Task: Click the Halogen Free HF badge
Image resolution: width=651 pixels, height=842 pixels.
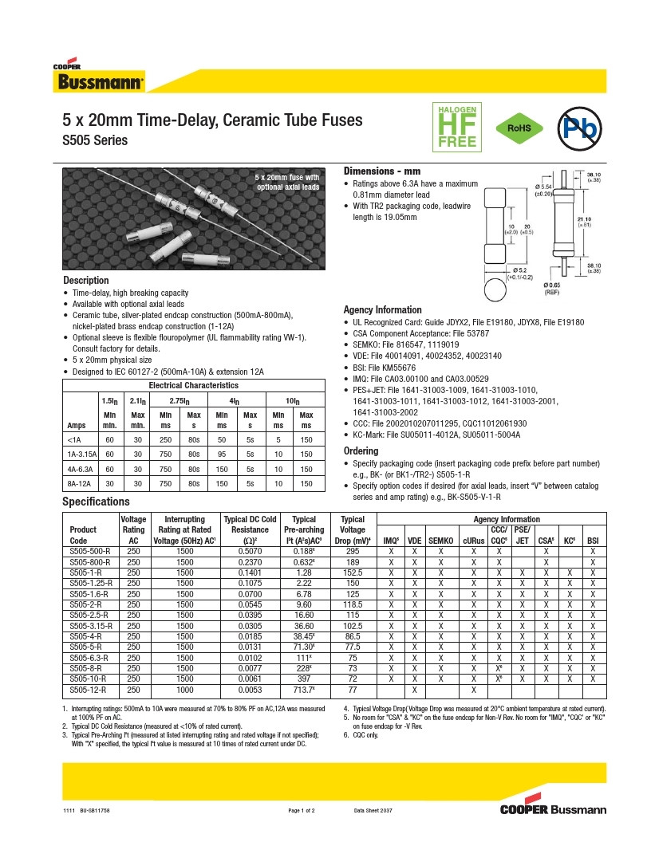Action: point(456,127)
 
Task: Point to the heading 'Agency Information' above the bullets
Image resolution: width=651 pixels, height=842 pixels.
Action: point(382,310)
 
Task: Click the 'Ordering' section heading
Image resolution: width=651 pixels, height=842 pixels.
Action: point(361,451)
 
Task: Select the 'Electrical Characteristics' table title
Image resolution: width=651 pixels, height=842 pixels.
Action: point(193,386)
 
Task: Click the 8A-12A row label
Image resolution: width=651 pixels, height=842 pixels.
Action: point(81,483)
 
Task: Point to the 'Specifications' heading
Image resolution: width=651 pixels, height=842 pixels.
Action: point(96,502)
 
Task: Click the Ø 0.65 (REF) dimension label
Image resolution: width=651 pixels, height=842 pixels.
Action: point(552,289)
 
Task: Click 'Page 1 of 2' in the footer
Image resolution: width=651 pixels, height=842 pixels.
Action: point(302,811)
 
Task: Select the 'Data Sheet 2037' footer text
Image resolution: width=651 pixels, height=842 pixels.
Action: point(373,811)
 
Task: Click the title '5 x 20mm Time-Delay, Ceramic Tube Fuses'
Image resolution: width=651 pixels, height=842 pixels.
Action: point(212,120)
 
